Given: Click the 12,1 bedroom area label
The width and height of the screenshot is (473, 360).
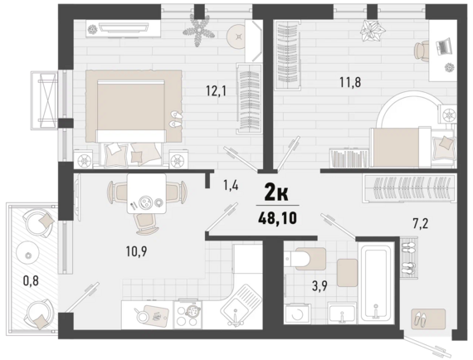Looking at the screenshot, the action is [x=216, y=90].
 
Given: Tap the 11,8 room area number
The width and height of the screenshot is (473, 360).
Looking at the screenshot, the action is [x=350, y=82].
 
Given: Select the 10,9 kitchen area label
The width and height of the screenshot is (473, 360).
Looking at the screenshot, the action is [x=137, y=251].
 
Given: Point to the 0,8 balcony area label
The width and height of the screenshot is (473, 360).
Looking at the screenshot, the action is [x=32, y=280].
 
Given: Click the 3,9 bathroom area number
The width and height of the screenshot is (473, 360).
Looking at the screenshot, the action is [x=319, y=286].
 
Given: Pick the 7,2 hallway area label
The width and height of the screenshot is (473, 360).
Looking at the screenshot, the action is [x=420, y=224].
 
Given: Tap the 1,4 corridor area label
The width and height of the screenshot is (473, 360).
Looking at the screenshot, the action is [x=231, y=185].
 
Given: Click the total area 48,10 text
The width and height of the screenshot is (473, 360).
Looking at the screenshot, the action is [x=277, y=218].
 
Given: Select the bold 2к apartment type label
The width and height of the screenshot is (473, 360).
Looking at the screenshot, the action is [x=276, y=193].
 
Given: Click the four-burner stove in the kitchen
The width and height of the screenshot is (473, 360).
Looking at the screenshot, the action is [x=188, y=314].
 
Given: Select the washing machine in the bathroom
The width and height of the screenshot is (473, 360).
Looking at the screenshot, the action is [x=297, y=314].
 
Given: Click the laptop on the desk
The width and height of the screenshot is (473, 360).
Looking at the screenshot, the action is [x=443, y=46].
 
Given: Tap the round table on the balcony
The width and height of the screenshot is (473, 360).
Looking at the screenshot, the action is [x=28, y=255].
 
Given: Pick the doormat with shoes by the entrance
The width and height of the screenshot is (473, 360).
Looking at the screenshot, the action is [x=428, y=319].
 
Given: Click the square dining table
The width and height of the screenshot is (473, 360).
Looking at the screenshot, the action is [x=147, y=193].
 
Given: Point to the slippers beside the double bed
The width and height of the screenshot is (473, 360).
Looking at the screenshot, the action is [x=175, y=119].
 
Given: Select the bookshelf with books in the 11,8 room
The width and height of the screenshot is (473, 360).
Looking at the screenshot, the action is [x=349, y=158].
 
